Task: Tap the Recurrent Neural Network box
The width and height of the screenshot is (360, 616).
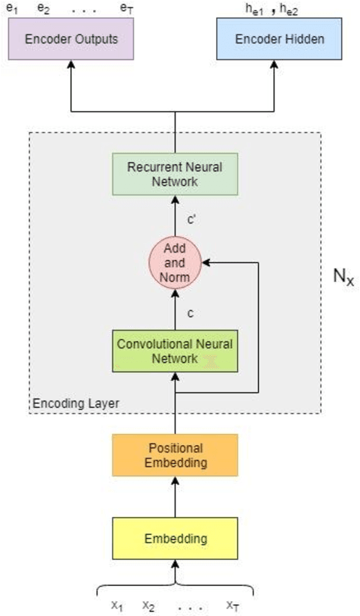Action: point(175,174)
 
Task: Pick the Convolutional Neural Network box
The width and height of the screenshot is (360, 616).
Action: point(175,351)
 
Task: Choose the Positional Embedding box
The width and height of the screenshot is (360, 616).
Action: point(175,455)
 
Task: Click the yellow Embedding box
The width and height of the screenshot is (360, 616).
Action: point(175,538)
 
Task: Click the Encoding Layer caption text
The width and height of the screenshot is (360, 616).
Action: point(76,404)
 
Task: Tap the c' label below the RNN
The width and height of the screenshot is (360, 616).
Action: point(191,220)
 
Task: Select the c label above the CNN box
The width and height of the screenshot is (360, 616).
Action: point(190,312)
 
